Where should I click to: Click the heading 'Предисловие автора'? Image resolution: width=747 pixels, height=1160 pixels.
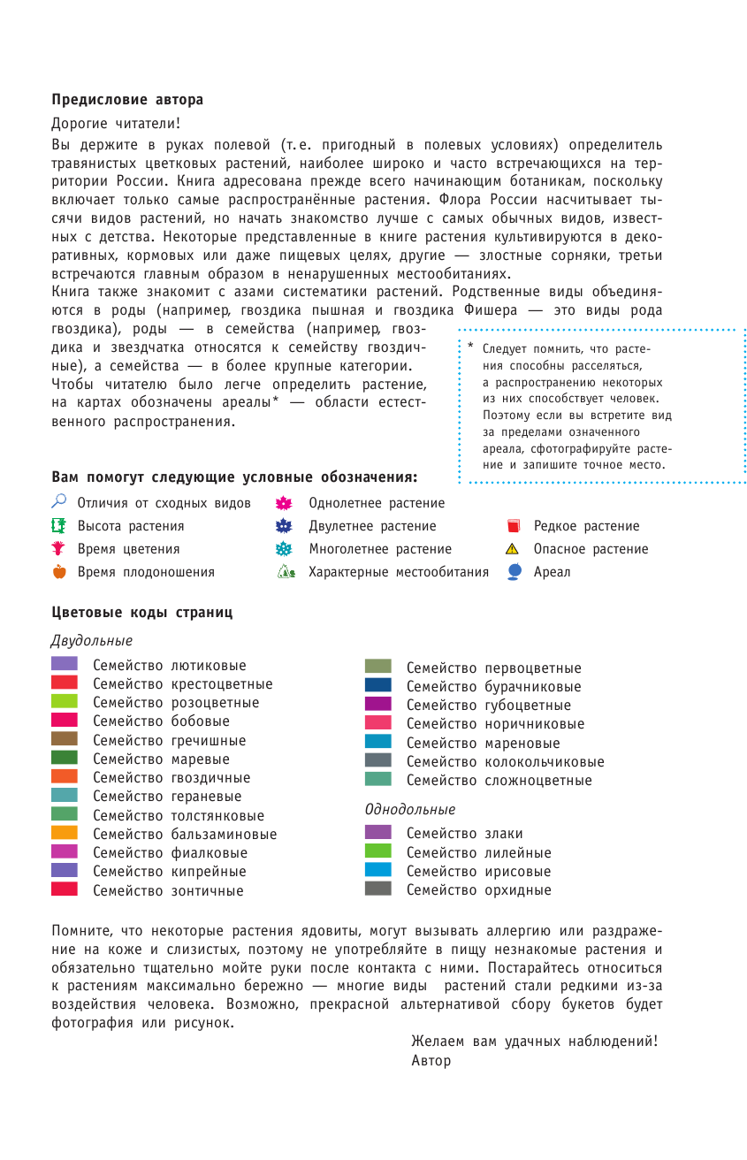pyautogui.click(x=127, y=99)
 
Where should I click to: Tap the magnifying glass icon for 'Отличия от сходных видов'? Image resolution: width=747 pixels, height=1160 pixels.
pyautogui.click(x=59, y=502)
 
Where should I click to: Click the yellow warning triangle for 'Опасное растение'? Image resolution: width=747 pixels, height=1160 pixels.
pyautogui.click(x=513, y=549)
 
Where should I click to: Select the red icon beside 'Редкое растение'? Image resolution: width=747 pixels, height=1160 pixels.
pyautogui.click(x=513, y=526)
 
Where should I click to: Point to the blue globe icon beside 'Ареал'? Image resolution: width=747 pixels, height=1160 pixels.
pyautogui.click(x=514, y=571)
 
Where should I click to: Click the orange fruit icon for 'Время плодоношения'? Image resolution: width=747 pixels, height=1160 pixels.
pyautogui.click(x=59, y=571)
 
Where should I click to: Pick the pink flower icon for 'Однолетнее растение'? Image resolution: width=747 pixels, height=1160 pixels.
pyautogui.click(x=284, y=503)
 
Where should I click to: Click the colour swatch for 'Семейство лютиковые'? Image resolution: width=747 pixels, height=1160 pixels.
pyautogui.click(x=65, y=663)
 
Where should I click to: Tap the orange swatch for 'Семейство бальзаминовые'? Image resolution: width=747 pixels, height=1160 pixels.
pyautogui.click(x=65, y=833)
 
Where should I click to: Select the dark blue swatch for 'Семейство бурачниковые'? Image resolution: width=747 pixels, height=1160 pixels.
pyautogui.click(x=377, y=685)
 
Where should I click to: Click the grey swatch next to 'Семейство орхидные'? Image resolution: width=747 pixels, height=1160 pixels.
pyautogui.click(x=377, y=889)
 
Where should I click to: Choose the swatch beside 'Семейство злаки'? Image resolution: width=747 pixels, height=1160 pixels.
pyautogui.click(x=377, y=832)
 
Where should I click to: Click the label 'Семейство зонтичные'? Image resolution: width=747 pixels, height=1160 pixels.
pyautogui.click(x=168, y=890)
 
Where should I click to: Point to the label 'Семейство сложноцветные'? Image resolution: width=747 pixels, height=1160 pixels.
pyautogui.click(x=499, y=781)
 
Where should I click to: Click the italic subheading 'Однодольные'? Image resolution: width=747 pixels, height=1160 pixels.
pyautogui.click(x=410, y=809)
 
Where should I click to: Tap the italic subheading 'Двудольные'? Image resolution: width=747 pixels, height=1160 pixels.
pyautogui.click(x=92, y=640)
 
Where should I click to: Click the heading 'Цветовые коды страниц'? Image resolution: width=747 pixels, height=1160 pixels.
pyautogui.click(x=142, y=612)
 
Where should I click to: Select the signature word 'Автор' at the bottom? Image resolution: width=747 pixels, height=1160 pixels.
pyautogui.click(x=431, y=1060)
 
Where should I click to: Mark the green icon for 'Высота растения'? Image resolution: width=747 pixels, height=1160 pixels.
pyautogui.click(x=59, y=525)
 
